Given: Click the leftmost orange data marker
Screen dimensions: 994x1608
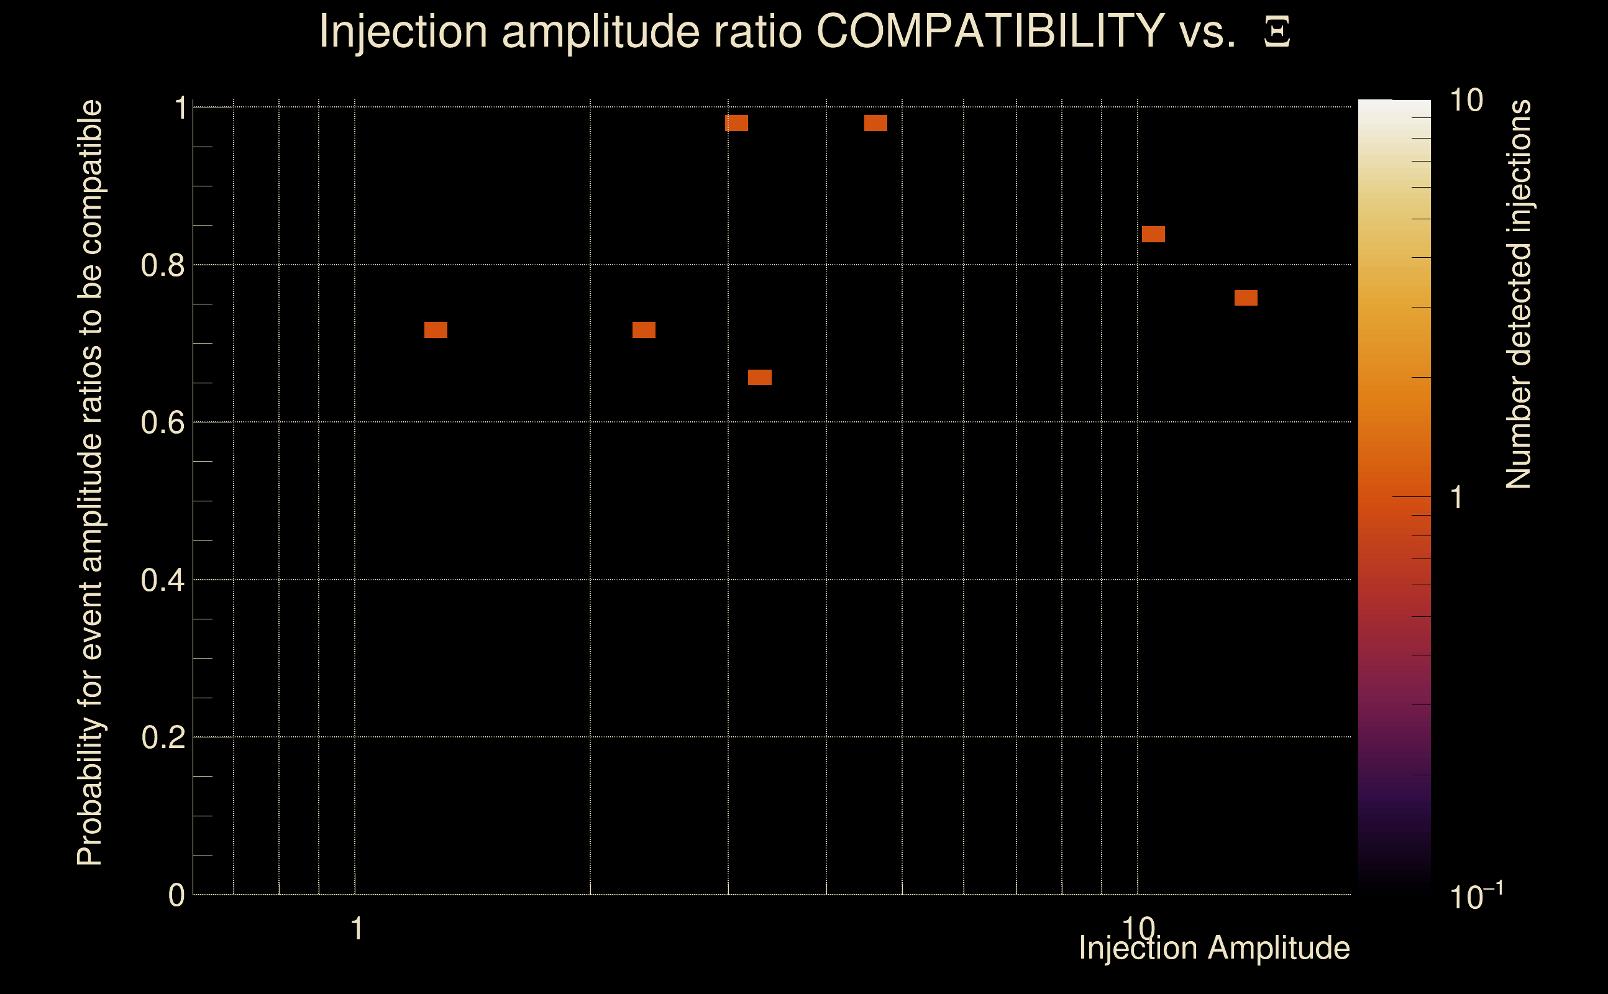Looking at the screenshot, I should tap(435, 330).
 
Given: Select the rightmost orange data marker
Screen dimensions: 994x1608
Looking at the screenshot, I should tap(1246, 298).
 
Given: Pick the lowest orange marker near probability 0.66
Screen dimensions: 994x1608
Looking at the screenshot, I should tap(759, 377).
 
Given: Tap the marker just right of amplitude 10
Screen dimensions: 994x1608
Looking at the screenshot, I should tap(1153, 234).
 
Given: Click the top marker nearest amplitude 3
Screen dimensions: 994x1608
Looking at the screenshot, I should tap(736, 123).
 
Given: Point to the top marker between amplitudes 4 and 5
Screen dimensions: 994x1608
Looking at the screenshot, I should tap(875, 123).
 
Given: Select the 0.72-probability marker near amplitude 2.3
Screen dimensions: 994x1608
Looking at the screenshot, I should tap(644, 330).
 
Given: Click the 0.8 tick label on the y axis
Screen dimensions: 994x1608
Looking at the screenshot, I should tap(162, 266).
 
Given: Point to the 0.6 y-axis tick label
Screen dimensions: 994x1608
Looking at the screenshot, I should tap(162, 422).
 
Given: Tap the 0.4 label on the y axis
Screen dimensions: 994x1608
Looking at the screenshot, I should tap(162, 580).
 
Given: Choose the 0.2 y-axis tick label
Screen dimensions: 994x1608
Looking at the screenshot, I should tap(162, 737).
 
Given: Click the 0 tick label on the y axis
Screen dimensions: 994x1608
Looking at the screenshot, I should tap(176, 895).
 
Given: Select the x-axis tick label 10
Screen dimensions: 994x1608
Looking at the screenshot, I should tap(1138, 928).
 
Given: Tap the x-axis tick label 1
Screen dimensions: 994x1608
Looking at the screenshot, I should tap(356, 929).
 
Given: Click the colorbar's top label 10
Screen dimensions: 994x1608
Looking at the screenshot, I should tap(1466, 101).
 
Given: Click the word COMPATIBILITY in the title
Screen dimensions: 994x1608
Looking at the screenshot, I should tap(990, 31).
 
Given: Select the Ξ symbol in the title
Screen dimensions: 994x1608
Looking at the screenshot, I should tap(1277, 32).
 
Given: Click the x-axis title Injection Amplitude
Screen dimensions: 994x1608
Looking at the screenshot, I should tap(1214, 948).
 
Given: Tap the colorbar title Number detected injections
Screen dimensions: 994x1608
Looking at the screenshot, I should tap(1518, 294).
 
